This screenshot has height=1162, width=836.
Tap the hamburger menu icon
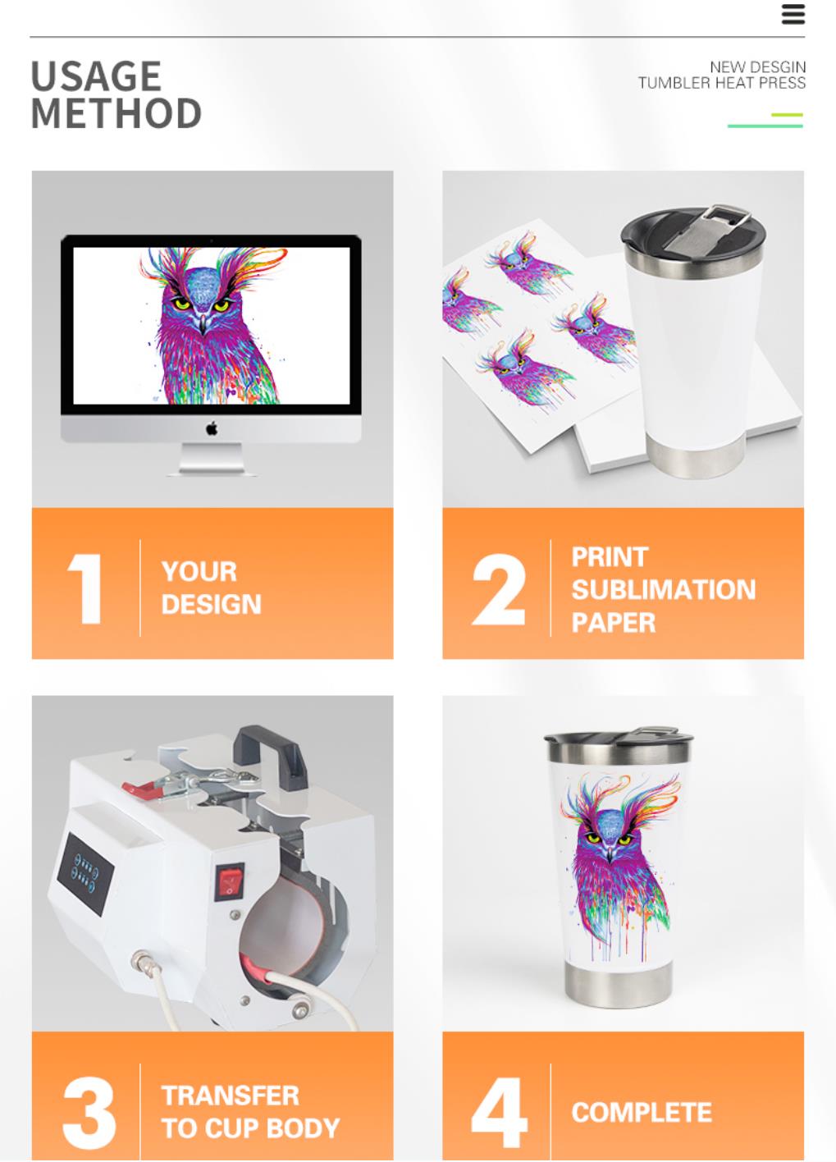[x=793, y=15]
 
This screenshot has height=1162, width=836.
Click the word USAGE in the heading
[x=97, y=76]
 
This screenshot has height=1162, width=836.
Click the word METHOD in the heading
[x=116, y=113]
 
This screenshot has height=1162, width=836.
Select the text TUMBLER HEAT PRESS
[x=721, y=83]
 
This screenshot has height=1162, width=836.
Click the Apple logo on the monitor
[x=212, y=429]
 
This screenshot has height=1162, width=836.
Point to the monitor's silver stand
[x=212, y=459]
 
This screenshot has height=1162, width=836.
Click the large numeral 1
[x=85, y=588]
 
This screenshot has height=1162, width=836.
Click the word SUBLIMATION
[x=663, y=590]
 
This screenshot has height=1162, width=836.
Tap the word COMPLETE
[x=642, y=1112]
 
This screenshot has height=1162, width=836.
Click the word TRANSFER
[x=231, y=1096]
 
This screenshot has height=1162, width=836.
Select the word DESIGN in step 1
[x=211, y=604]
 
